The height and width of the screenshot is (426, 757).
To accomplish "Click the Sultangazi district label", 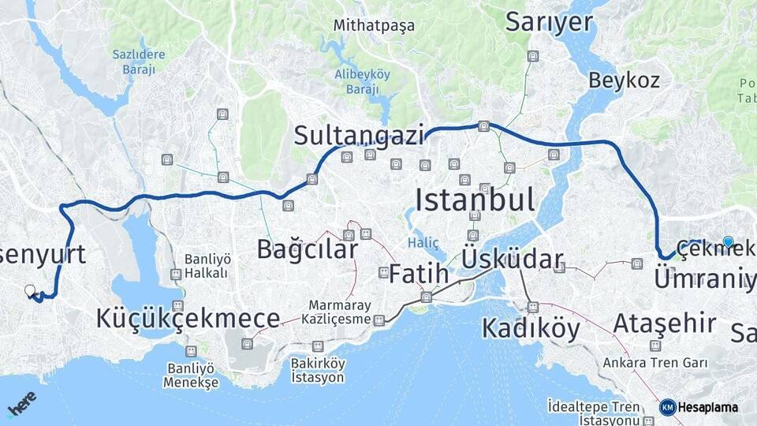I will (359, 135).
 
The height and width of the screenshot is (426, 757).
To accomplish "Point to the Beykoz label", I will (624, 80).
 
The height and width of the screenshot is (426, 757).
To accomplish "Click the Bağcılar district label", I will (307, 249).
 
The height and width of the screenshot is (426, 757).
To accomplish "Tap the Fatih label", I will (419, 275).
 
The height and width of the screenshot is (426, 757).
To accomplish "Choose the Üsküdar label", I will (513, 259).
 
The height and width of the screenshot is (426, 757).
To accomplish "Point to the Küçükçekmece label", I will (188, 318).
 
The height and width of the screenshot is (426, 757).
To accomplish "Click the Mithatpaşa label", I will (374, 25).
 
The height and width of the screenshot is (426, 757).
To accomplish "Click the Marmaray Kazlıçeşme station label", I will (339, 312).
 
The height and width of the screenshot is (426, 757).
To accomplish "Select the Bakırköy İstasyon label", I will (318, 370).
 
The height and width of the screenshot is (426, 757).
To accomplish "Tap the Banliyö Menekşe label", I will (190, 375).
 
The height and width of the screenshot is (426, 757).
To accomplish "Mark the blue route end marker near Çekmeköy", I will (728, 242).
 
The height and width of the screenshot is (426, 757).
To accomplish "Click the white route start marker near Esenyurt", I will (30, 291).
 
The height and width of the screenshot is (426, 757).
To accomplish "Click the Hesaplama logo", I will (699, 407).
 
